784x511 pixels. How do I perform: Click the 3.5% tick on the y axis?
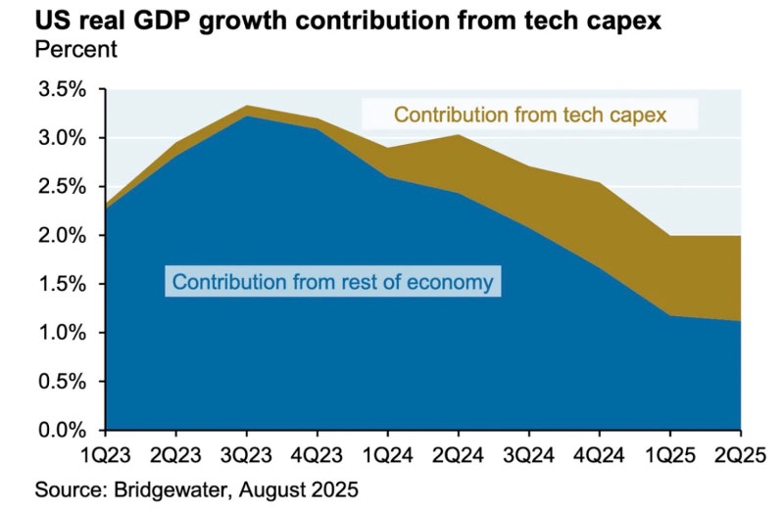point(62,90)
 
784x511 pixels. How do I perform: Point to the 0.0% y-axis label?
point(62,431)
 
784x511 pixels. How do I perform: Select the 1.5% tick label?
point(62,285)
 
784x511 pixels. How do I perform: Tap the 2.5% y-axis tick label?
point(62,187)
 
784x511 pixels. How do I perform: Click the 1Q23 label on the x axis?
point(105,456)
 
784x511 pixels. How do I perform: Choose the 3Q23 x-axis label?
point(246,456)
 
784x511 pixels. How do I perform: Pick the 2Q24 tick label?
point(459,456)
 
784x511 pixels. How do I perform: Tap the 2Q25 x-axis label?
point(740,456)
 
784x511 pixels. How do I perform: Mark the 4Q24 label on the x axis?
point(600,456)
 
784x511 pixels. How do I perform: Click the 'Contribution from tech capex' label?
point(530,116)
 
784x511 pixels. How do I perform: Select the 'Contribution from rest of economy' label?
point(333,283)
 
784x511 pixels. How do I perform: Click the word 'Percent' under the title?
point(75,49)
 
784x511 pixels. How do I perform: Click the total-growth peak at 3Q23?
point(246,106)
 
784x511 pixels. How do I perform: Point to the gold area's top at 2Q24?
point(459,135)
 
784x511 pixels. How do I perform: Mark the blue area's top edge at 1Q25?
point(670,315)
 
